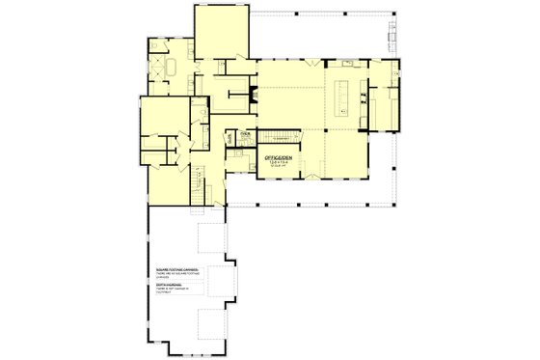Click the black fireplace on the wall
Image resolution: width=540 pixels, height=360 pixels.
pos(253,95)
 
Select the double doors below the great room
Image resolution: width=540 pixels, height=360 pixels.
pos(311,178)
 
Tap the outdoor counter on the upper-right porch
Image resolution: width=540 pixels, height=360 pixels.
pos(393,37)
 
